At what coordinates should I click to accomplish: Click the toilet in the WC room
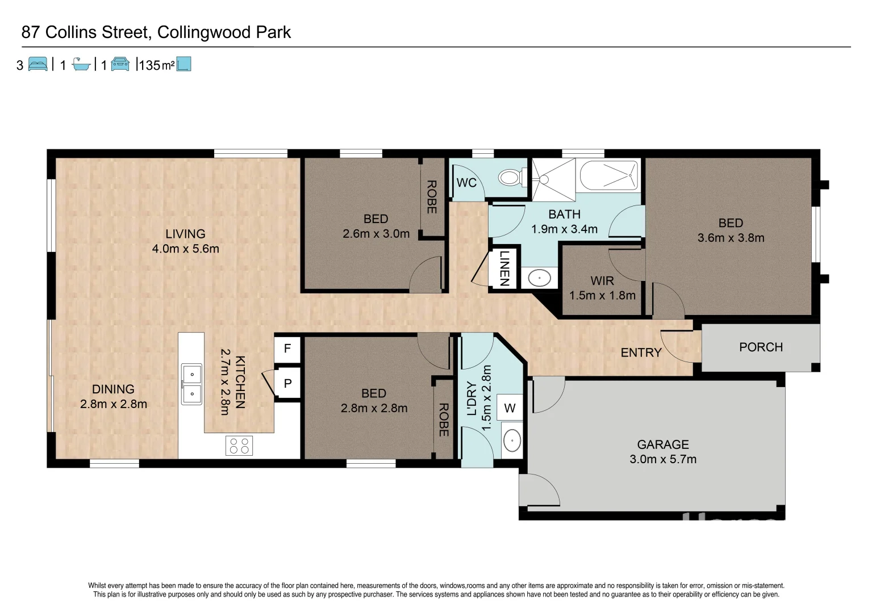point(509,178)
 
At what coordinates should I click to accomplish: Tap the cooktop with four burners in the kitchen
point(239,446)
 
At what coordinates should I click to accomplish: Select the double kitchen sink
point(191,384)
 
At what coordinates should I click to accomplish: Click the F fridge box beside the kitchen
point(287,349)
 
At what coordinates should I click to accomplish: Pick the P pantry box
point(287,384)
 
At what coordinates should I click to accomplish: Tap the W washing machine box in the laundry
point(510,408)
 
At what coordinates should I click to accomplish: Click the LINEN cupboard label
point(504,268)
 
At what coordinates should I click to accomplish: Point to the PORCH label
point(761,347)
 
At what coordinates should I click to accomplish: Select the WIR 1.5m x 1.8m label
point(602,288)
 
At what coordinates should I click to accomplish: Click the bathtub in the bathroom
point(609,175)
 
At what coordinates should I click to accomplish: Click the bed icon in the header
point(38,64)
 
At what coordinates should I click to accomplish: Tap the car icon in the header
point(120,64)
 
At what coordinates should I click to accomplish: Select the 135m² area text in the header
point(156,65)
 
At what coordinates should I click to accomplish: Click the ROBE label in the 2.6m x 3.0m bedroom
point(432,197)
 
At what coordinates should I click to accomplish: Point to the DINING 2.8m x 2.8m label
point(114,396)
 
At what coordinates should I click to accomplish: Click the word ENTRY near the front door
point(641,352)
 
